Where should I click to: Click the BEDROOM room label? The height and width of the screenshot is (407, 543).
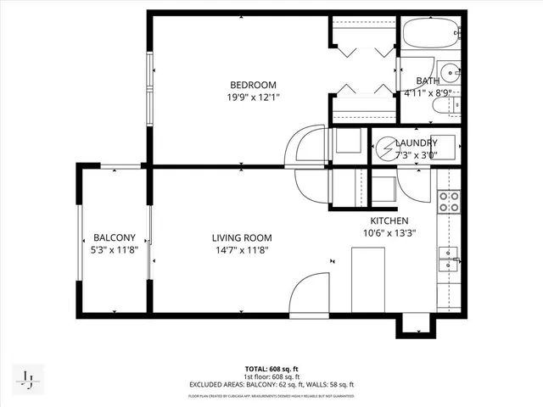coord(254,85)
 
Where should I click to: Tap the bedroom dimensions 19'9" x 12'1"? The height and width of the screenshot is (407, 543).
coord(254,98)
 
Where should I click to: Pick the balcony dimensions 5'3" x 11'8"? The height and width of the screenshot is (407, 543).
coord(115,250)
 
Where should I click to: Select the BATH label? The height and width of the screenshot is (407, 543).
coord(428,81)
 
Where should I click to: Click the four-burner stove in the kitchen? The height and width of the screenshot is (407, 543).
coord(449,202)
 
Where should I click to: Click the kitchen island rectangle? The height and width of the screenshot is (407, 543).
coord(369,279)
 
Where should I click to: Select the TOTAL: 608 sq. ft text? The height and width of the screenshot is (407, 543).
coord(271,369)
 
